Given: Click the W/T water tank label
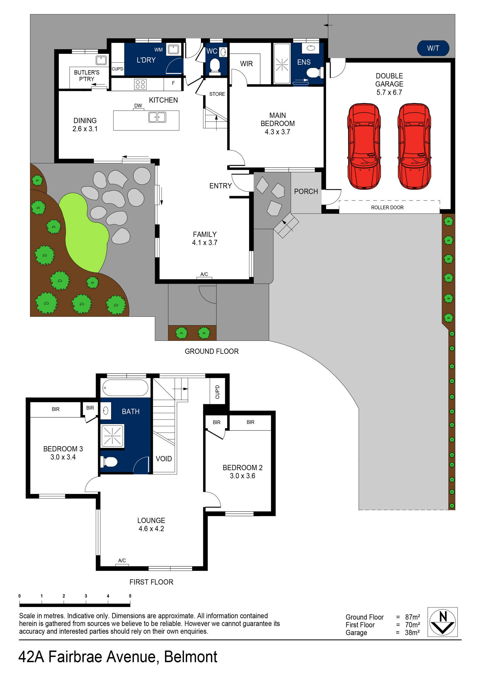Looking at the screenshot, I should pyautogui.click(x=433, y=48).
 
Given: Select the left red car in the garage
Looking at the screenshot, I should pyautogui.click(x=363, y=146).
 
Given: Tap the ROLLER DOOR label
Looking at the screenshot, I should pyautogui.click(x=387, y=207).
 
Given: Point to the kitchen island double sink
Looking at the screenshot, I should pyautogui.click(x=157, y=117).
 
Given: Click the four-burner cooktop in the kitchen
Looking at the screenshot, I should pyautogui.click(x=140, y=84).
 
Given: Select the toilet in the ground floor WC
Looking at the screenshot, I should pyautogui.click(x=214, y=65).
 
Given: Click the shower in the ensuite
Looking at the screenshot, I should pyautogui.click(x=282, y=64).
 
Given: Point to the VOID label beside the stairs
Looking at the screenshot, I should pyautogui.click(x=163, y=459).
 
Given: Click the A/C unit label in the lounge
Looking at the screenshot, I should pyautogui.click(x=122, y=560).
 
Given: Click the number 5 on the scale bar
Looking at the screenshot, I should pyautogui.click(x=130, y=596).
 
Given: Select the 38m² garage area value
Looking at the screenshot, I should pyautogui.click(x=412, y=633).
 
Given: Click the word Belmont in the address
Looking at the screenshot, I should pyautogui.click(x=190, y=657).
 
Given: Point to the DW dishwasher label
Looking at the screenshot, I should pyautogui.click(x=138, y=106).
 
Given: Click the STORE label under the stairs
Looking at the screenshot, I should pyautogui.click(x=217, y=94).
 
